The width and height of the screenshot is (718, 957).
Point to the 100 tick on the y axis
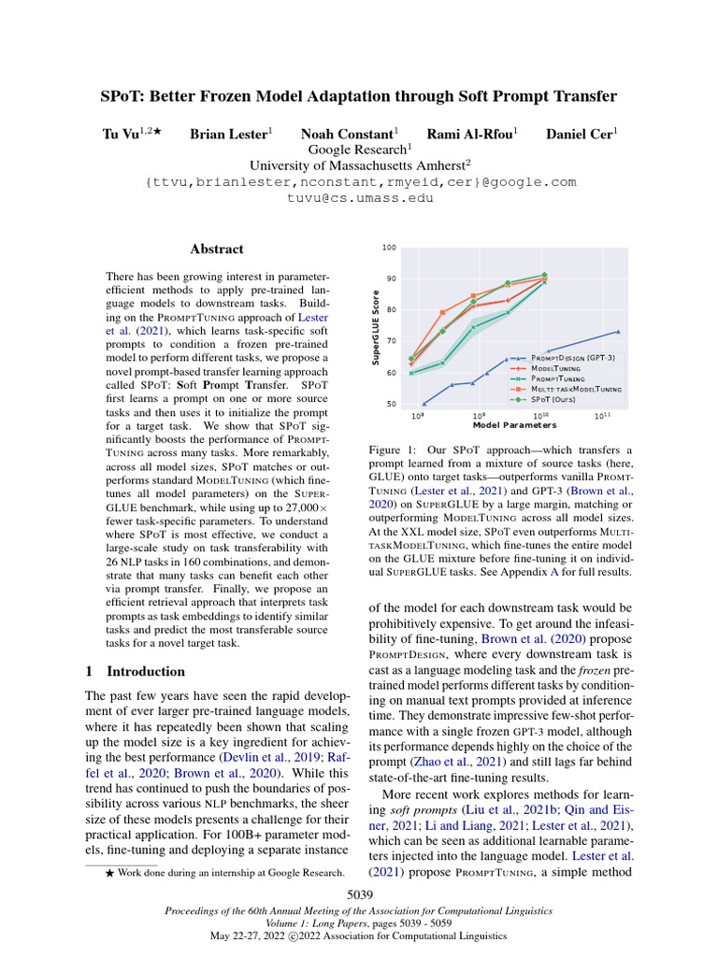[389, 248]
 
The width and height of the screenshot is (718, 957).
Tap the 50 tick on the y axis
[390, 405]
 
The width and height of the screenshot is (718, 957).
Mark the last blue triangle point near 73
[618, 331]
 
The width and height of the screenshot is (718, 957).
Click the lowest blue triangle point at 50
[424, 404]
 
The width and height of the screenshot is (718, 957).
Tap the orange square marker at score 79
[442, 312]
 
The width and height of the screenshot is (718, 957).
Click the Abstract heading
[216, 250]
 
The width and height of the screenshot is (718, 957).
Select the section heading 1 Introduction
[136, 671]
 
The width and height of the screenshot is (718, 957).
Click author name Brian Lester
[228, 135]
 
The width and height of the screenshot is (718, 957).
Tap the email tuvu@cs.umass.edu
[360, 198]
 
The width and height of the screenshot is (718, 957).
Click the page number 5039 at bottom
[360, 895]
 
